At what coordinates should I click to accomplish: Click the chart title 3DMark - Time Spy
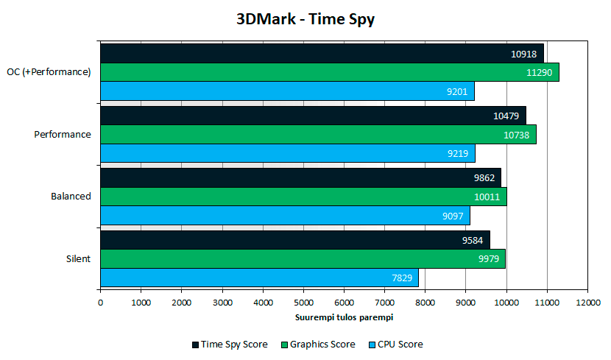tap(305, 19)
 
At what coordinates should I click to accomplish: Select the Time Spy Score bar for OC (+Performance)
tap(322, 53)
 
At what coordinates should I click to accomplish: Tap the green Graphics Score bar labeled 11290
tap(329, 72)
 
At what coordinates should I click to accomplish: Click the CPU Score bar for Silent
tap(259, 278)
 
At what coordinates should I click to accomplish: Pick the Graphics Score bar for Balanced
tap(303, 197)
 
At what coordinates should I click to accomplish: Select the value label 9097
tap(453, 216)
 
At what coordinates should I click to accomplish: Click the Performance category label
tap(63, 135)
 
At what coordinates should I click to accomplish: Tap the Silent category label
tap(77, 258)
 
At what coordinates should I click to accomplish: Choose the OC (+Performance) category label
tap(49, 72)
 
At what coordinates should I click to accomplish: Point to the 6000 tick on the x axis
tap(344, 303)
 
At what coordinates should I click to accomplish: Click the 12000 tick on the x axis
tap(587, 303)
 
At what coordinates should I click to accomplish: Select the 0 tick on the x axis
tap(101, 303)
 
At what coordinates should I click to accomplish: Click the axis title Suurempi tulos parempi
tap(344, 317)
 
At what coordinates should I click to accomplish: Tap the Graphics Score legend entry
tap(317, 345)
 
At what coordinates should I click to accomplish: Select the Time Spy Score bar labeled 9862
tap(300, 178)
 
